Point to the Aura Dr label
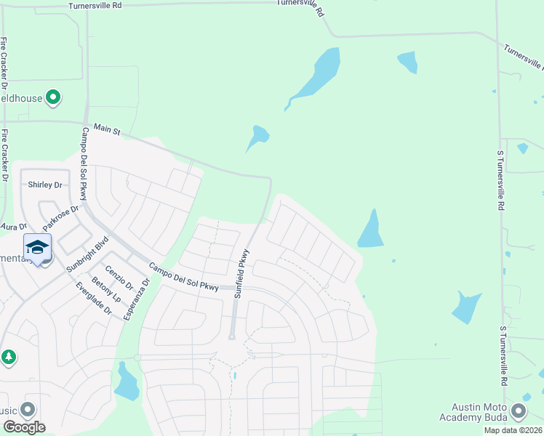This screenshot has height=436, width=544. tap(13, 227)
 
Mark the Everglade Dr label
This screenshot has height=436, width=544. tap(93, 298)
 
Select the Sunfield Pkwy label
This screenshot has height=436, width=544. tap(241, 274)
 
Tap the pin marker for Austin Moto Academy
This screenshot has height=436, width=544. tap(519, 411)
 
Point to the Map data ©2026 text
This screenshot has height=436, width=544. tap(513, 430)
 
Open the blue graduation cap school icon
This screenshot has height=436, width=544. tap(37, 248)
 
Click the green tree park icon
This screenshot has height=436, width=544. tap(9, 357)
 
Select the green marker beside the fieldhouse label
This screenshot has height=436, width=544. tap(53, 97)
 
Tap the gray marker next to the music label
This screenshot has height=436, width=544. tap(28, 409)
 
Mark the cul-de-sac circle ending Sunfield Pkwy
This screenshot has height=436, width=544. tap(231, 336)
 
